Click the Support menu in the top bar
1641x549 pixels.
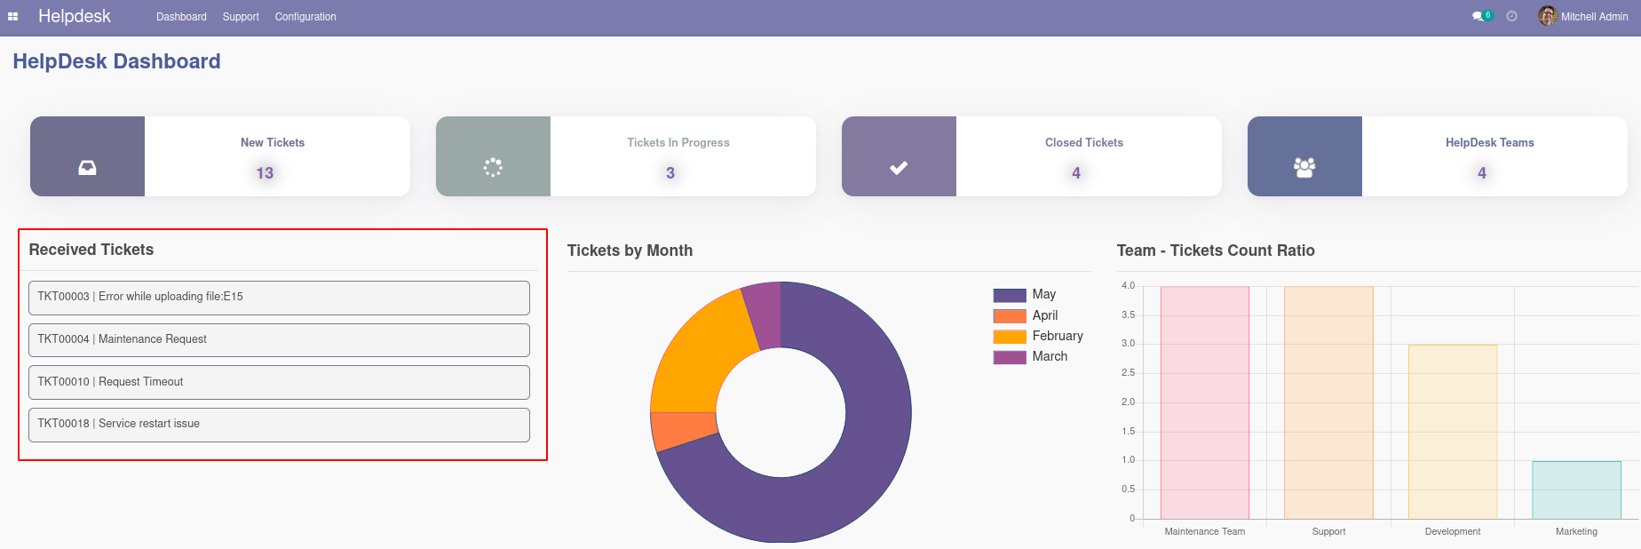click(241, 17)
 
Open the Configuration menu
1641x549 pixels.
click(305, 17)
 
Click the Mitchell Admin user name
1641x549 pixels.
click(1594, 17)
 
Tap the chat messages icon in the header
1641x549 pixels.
click(1478, 16)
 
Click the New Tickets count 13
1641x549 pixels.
click(265, 173)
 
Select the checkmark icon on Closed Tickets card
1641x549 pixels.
click(899, 167)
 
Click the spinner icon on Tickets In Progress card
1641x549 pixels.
click(493, 167)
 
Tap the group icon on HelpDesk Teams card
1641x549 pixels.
click(1304, 167)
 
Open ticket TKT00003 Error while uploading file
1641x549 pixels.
click(279, 298)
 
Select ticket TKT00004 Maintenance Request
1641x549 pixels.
click(279, 340)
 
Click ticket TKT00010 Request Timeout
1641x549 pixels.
click(279, 382)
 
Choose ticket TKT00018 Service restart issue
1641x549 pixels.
click(279, 425)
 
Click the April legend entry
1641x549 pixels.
click(1044, 315)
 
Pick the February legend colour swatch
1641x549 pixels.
click(1010, 337)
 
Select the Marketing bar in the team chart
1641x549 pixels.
click(1576, 489)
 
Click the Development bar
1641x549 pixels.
click(1453, 432)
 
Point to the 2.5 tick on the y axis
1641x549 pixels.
click(1128, 373)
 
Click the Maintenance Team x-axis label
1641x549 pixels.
click(1204, 532)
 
